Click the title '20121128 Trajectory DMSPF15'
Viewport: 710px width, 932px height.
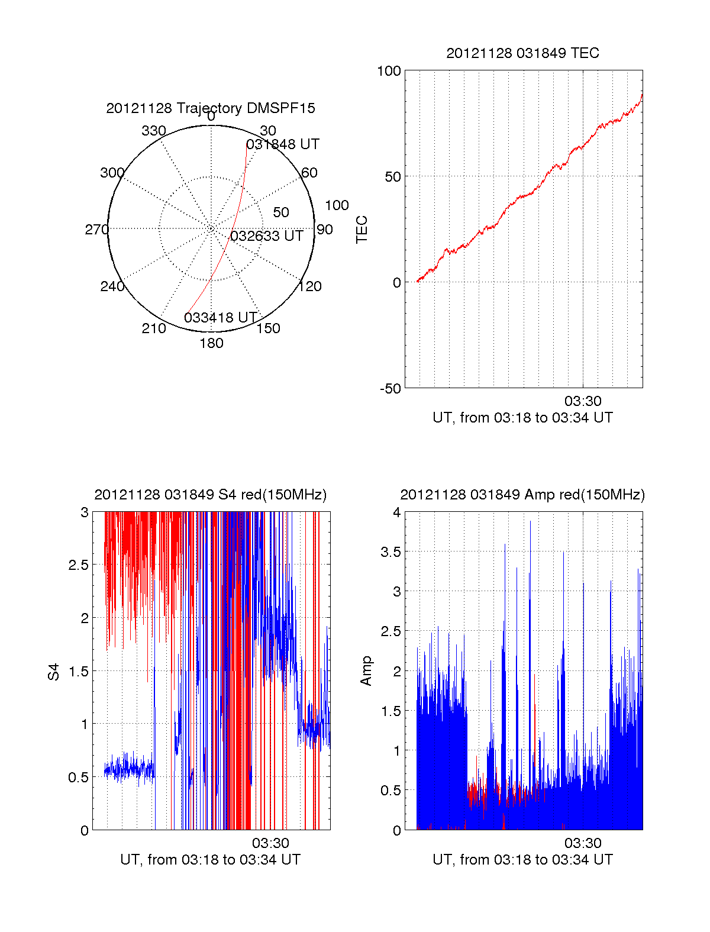[211, 108]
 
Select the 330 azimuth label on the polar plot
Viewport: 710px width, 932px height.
[154, 131]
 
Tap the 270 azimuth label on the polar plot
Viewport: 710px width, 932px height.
[96, 230]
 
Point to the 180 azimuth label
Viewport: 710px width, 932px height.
[211, 343]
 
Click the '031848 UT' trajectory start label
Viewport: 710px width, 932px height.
[283, 144]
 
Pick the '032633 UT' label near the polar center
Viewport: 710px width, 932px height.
[267, 236]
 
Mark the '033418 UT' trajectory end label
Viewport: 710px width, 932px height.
[221, 318]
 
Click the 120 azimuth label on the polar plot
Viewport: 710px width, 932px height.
[310, 286]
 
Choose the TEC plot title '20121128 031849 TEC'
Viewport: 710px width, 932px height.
[522, 53]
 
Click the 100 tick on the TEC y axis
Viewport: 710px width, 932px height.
[389, 71]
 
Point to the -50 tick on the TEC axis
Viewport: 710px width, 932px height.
[390, 389]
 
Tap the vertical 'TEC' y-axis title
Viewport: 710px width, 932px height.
[362, 230]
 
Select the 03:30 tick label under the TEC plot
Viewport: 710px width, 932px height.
[583, 402]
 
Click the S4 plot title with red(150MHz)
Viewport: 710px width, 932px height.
[210, 495]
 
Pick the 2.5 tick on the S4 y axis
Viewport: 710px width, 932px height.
[79, 565]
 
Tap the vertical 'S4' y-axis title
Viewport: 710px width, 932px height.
[54, 672]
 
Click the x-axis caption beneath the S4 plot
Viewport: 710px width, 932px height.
[210, 860]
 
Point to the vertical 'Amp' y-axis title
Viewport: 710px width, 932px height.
[366, 671]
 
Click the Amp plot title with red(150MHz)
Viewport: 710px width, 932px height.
[522, 495]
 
